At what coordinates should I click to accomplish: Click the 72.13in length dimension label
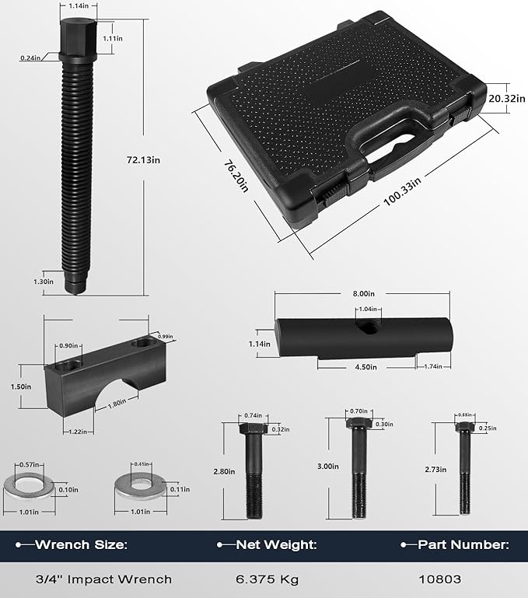point(145,160)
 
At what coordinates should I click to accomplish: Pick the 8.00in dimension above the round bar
point(363,295)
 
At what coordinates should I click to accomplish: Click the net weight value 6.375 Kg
point(267,579)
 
